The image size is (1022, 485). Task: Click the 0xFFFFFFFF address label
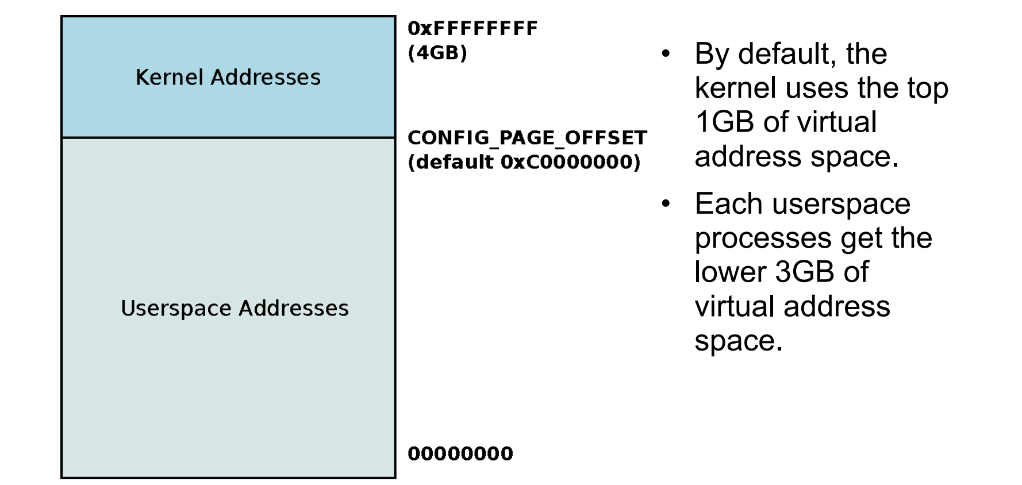pos(472,28)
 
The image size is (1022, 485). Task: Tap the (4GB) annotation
pos(437,53)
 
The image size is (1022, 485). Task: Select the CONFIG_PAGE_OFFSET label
pos(527,138)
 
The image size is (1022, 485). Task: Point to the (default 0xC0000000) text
pos(524,162)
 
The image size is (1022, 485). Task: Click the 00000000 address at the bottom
pos(460,453)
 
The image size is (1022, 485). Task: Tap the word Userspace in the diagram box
pos(176,309)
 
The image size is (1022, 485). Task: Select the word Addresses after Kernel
pos(266,77)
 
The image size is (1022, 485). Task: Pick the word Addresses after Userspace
pos(294,309)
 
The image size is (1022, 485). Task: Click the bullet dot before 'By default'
pos(666,55)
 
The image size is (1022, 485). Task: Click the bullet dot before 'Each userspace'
pos(666,204)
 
